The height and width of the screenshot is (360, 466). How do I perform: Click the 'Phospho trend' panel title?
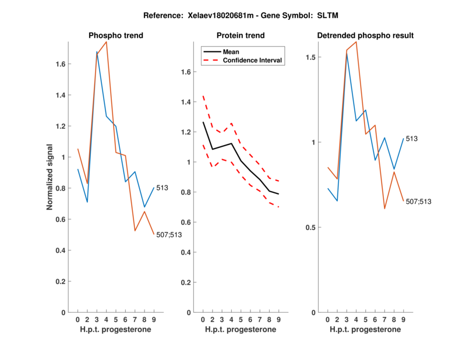pyautogui.click(x=116, y=36)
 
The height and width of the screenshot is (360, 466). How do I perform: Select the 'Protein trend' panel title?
pyautogui.click(x=241, y=36)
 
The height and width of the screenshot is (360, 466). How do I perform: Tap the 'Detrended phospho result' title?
pyautogui.click(x=365, y=36)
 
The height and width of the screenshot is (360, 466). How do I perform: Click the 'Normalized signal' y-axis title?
pyautogui.click(x=50, y=177)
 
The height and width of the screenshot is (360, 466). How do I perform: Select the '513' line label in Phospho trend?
pyautogui.click(x=163, y=188)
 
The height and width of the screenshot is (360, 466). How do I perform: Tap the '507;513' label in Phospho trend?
pyautogui.click(x=170, y=235)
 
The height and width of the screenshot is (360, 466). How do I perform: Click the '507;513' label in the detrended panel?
pyautogui.click(x=419, y=202)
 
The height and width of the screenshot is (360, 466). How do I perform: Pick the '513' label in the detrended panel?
pyautogui.click(x=412, y=139)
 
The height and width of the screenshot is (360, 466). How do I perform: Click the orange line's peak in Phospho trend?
pyautogui.click(x=106, y=42)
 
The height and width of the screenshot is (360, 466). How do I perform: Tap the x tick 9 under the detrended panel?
pyautogui.click(x=403, y=320)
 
